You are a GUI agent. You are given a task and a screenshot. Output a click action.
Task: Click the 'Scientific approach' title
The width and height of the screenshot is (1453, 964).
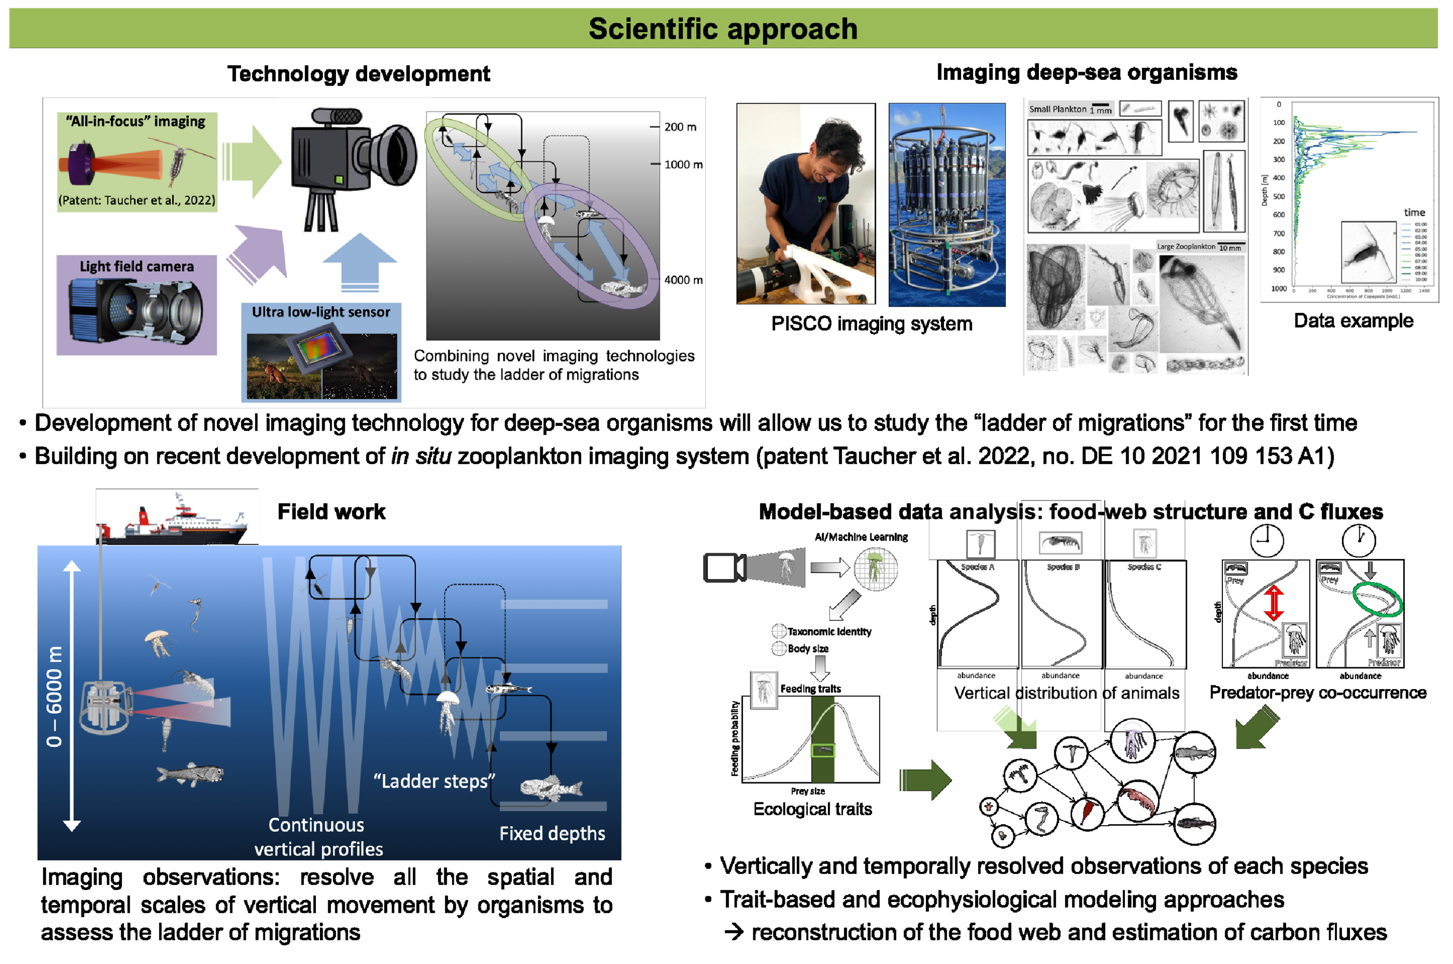(723, 29)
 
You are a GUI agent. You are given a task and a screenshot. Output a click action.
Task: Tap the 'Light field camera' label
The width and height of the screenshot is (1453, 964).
(137, 266)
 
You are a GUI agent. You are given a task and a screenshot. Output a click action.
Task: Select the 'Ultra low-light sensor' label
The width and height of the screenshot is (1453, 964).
(320, 312)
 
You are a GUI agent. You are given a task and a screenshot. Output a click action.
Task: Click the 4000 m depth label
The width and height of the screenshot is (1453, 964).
(683, 280)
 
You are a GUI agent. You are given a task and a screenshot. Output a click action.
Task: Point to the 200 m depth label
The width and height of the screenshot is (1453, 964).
(680, 127)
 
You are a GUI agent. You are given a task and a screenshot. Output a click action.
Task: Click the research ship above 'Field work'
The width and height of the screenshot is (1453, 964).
(175, 520)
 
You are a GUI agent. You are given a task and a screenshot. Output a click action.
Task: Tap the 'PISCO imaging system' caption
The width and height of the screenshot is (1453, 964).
(871, 324)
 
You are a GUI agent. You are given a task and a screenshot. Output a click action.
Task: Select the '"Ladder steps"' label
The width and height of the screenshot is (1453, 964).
(434, 781)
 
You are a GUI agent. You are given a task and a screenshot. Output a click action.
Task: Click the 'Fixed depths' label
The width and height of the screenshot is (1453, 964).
(551, 833)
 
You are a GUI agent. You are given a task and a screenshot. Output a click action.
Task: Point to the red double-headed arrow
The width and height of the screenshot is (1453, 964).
(1274, 602)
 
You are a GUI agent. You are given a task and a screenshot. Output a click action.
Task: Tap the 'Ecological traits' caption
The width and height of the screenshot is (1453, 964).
(812, 809)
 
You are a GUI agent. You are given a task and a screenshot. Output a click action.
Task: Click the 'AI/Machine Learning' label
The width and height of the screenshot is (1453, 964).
(861, 537)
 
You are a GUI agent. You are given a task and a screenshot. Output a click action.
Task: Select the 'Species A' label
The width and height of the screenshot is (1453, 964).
(977, 567)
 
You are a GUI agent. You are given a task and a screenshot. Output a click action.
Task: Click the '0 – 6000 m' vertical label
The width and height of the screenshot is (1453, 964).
(55, 696)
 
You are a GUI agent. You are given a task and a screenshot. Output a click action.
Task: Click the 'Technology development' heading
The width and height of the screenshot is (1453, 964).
(358, 74)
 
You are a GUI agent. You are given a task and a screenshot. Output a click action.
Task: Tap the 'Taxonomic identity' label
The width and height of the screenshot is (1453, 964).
(829, 632)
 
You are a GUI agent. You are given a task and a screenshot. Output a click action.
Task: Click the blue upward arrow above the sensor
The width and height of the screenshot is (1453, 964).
(360, 261)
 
